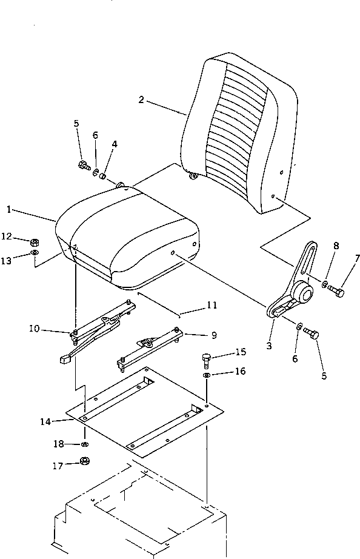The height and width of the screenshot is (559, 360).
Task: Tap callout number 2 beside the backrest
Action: point(141,100)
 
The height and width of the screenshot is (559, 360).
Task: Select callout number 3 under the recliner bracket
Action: point(269,346)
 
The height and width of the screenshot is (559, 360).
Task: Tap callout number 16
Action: point(240,371)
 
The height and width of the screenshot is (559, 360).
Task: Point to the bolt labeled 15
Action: point(207,360)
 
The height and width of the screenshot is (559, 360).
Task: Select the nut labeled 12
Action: point(35,242)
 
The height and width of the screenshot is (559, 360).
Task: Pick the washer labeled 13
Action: point(35,252)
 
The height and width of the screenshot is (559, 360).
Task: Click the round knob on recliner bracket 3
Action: point(304,296)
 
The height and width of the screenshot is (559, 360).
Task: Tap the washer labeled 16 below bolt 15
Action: point(207,377)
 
